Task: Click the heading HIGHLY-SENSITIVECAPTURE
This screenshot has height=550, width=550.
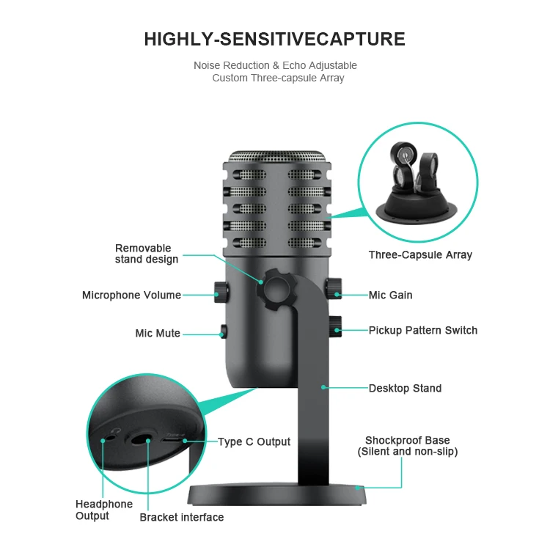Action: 274,39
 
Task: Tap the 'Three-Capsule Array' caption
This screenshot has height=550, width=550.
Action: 420,255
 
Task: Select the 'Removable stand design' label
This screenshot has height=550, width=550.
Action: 147,254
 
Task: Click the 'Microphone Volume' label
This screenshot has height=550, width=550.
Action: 131,296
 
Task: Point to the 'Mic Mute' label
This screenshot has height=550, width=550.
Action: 158,334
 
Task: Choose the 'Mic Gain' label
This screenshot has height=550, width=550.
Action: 390,296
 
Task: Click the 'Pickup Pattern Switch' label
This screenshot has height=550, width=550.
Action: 422,331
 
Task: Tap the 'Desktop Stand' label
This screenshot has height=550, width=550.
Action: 405,388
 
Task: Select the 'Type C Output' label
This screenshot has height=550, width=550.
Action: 254,442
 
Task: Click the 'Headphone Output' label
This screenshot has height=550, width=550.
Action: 104,510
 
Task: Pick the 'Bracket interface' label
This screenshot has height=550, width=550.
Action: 182,518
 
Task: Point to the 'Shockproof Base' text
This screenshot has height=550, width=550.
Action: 408,441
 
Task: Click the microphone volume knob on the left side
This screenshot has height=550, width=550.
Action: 219,292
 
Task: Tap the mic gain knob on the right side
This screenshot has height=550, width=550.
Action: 334,288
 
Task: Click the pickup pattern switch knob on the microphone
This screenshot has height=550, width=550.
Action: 335,326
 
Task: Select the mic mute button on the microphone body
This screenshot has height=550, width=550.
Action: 223,332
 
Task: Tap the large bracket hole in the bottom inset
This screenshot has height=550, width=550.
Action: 142,439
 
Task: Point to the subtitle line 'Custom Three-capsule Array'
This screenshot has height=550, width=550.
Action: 278,78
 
